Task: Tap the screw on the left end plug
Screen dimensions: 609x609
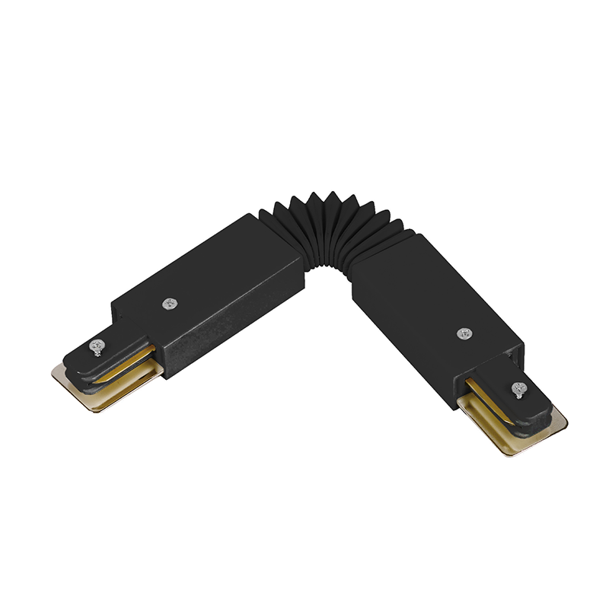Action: click(x=97, y=347)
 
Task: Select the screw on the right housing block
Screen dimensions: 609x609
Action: click(x=464, y=333)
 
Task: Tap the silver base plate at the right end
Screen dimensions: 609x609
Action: click(x=533, y=438)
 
